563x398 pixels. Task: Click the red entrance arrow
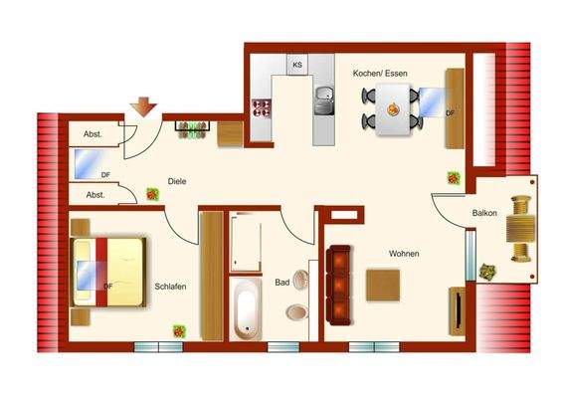pyautogui.click(x=143, y=105)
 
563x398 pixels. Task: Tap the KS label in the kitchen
pyautogui.click(x=296, y=65)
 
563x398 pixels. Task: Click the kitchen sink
pyautogui.click(x=323, y=100)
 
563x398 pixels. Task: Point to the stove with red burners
pyautogui.click(x=263, y=109)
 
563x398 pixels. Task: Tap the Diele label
pyautogui.click(x=178, y=181)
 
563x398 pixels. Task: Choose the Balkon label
pyautogui.click(x=484, y=214)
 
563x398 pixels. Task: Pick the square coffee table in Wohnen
pyautogui.click(x=384, y=286)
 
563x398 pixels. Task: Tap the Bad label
pyautogui.click(x=282, y=283)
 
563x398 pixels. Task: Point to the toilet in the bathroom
pyautogui.click(x=295, y=312)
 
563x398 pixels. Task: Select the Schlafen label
pyautogui.click(x=171, y=287)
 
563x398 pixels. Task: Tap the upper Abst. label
pyautogui.click(x=93, y=135)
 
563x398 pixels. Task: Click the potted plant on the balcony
pyautogui.click(x=488, y=271)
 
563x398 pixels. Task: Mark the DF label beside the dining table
pyautogui.click(x=450, y=113)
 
